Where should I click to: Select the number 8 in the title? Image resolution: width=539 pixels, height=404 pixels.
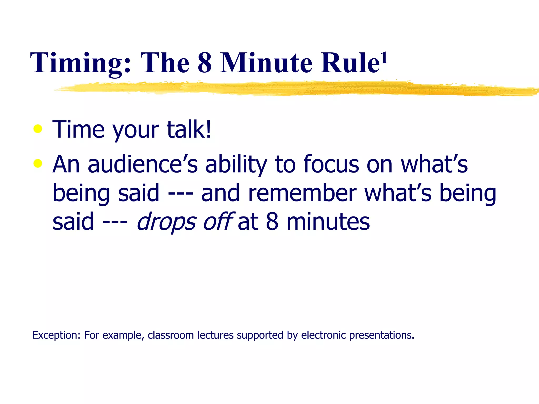click(x=205, y=63)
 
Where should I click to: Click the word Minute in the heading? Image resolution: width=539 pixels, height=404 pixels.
click(x=266, y=63)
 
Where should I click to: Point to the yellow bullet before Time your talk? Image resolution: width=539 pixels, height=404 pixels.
click(x=38, y=129)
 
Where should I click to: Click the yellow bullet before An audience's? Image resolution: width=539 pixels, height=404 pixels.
click(x=38, y=163)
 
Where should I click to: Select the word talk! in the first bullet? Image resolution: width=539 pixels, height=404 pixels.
click(x=189, y=129)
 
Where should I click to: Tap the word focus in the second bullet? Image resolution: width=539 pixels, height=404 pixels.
click(x=331, y=164)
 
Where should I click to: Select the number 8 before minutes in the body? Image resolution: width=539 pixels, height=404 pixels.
click(x=272, y=222)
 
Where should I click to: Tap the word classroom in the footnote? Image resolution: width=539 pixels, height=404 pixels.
click(x=171, y=335)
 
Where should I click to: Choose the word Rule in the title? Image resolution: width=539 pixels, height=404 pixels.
click(x=350, y=63)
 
